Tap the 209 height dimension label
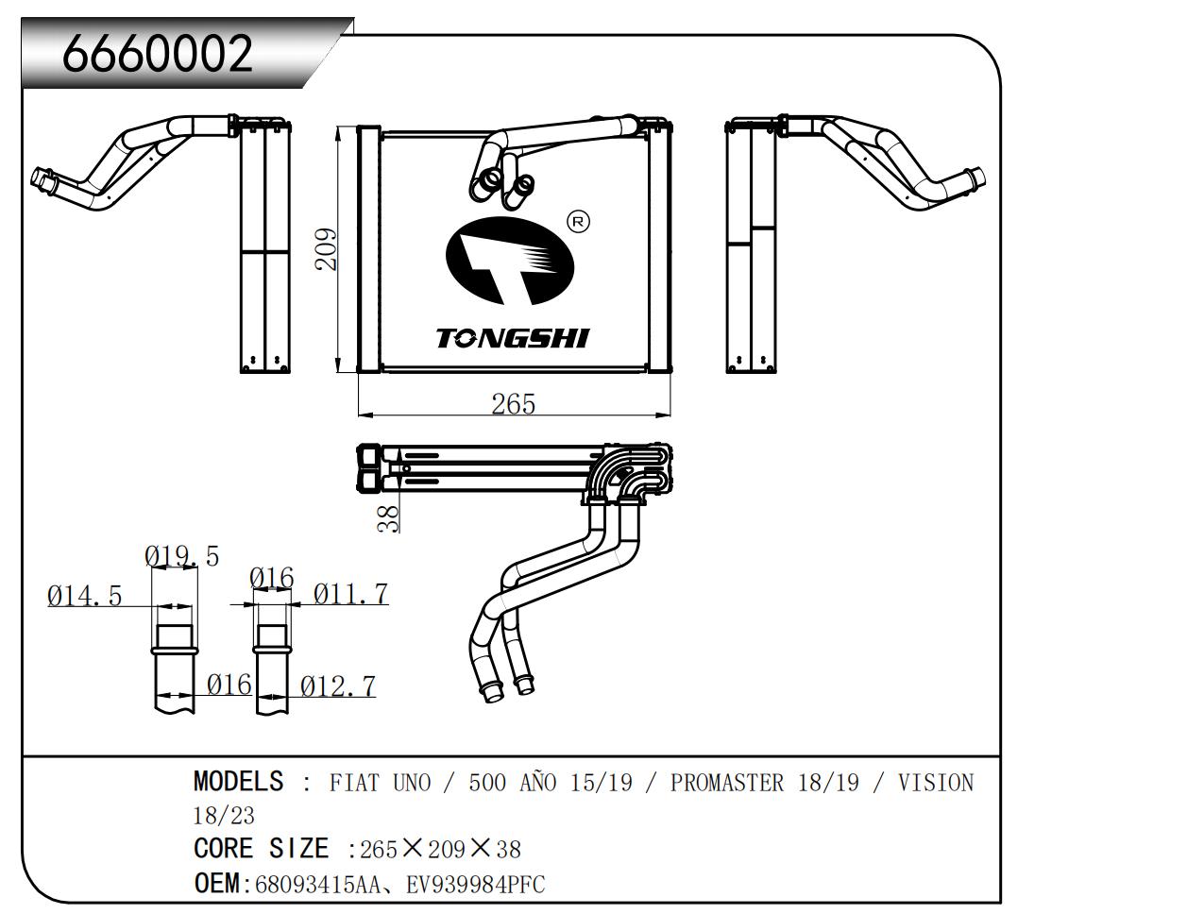tap(326, 248)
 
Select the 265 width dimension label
tap(513, 404)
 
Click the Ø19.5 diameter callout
tap(181, 556)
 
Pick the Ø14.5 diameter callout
tap(85, 596)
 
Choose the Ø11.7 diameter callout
tap(350, 594)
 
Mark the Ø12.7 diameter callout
tap(337, 686)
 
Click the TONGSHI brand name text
tap(512, 338)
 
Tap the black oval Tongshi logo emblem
tap(510, 262)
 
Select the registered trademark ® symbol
tap(578, 222)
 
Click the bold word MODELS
tap(238, 782)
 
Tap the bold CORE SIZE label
tap(261, 849)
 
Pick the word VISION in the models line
tap(935, 783)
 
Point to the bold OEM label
tap(216, 885)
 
